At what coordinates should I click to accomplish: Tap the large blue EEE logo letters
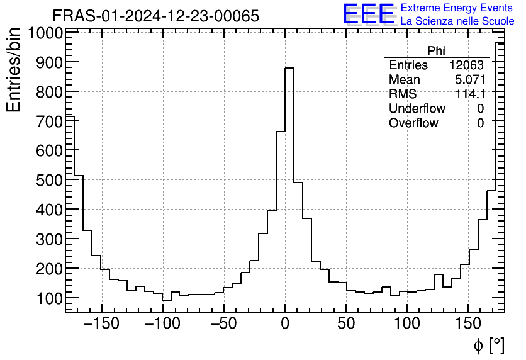(x=368, y=14)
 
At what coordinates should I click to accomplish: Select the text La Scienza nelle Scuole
(x=457, y=21)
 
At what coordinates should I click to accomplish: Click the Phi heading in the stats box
(x=436, y=51)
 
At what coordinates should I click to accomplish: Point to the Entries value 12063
(x=466, y=65)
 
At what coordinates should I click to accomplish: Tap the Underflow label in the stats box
(x=417, y=109)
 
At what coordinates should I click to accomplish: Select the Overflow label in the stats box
(x=413, y=123)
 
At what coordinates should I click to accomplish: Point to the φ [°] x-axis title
(x=488, y=345)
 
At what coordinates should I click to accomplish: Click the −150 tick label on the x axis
(x=101, y=325)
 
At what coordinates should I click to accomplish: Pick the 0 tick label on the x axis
(x=285, y=325)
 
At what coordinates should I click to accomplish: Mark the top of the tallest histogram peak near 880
(x=289, y=68)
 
